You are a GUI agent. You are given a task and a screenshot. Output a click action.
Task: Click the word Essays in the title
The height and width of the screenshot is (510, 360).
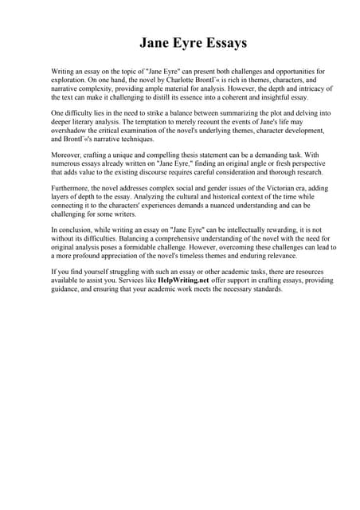tap(219, 41)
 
